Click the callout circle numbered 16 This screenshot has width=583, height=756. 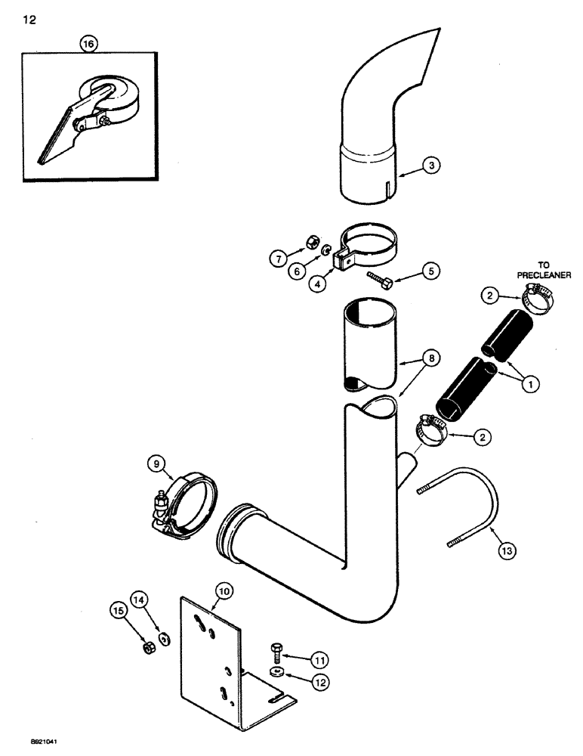(x=89, y=45)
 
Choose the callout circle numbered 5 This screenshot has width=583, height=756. (x=431, y=269)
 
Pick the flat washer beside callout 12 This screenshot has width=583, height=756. (x=278, y=671)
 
